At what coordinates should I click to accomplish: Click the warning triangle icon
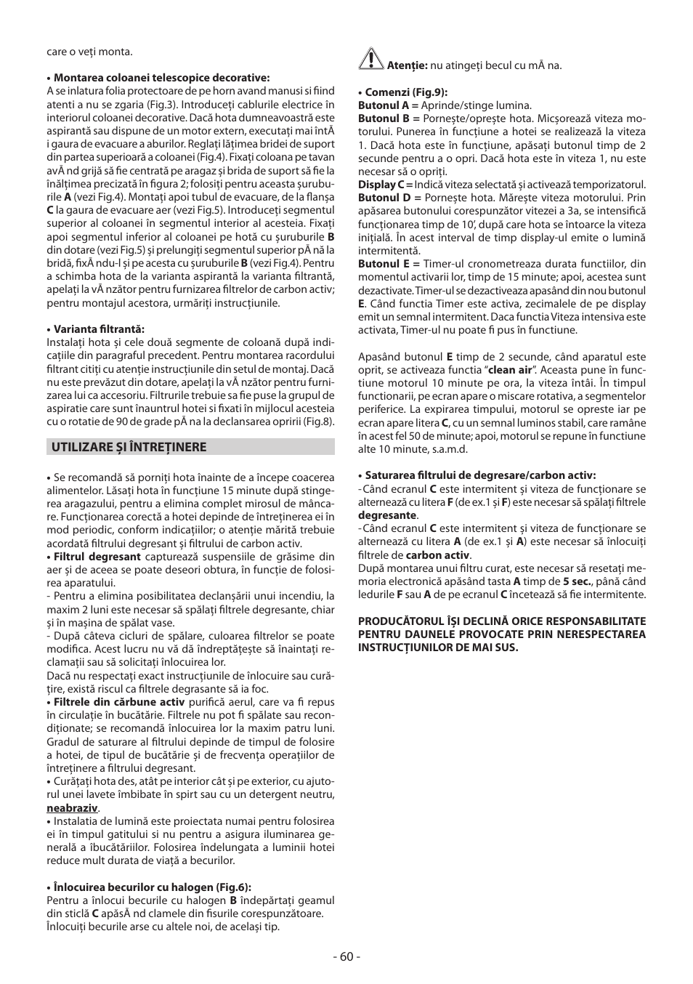[x=370, y=59]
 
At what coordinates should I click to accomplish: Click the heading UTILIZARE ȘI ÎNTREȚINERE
[x=129, y=448]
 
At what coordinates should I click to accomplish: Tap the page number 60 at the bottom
[x=346, y=956]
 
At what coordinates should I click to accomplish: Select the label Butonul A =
[x=388, y=105]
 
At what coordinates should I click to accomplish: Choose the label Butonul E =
[x=389, y=264]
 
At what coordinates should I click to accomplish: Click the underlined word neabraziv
[x=72, y=808]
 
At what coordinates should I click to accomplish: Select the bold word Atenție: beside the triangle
[x=407, y=65]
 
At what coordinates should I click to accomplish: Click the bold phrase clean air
[x=510, y=370]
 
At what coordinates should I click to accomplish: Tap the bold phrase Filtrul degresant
[x=97, y=557]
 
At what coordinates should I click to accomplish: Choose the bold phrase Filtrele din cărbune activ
[x=119, y=702]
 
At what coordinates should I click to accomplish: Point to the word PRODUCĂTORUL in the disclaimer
[x=398, y=621]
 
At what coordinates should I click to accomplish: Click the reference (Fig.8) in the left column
[x=318, y=422]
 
